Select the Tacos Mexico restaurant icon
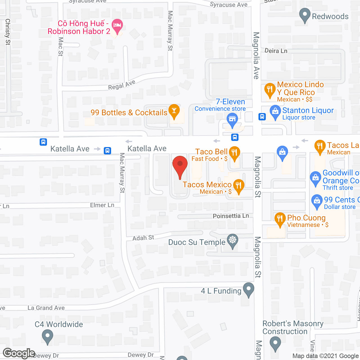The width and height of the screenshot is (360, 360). (238, 185)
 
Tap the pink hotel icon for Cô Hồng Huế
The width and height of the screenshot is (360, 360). (117, 26)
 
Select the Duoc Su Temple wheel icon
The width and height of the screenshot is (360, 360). (233, 240)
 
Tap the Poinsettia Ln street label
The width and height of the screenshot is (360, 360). (231, 216)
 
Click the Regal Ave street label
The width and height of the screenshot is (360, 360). (122, 85)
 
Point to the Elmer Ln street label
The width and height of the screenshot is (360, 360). (102, 205)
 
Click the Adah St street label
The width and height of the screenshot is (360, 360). (143, 238)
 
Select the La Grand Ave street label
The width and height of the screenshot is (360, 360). (46, 308)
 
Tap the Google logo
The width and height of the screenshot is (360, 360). (19, 353)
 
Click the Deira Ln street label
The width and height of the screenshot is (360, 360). (276, 51)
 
